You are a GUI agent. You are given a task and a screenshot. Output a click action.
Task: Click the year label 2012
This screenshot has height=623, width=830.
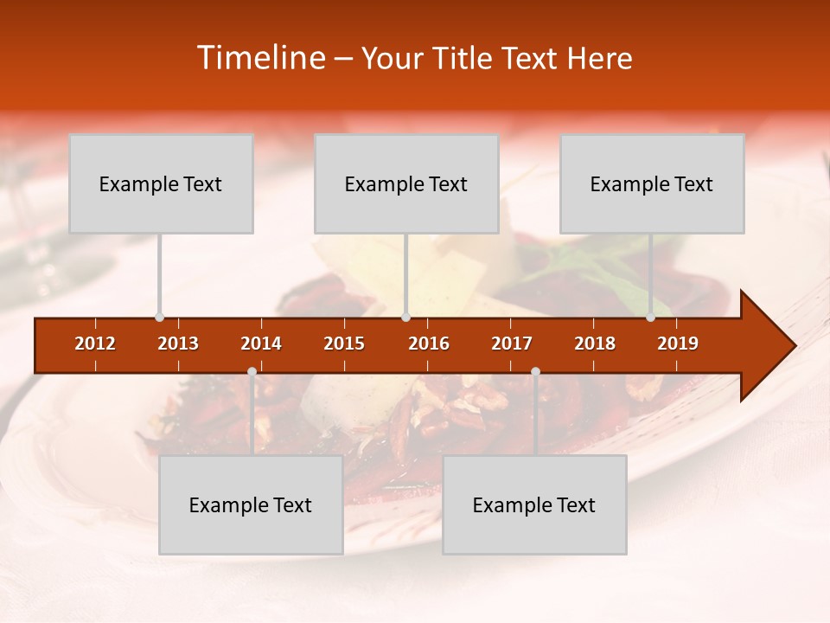[95, 344]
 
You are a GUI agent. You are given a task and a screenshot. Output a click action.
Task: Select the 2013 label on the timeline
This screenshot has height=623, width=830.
[178, 344]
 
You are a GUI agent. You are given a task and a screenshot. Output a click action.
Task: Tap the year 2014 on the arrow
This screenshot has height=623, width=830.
[261, 344]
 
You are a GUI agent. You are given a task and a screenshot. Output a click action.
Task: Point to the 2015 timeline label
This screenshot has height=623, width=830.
[344, 344]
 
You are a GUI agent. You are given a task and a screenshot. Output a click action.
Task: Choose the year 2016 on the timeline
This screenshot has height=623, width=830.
[429, 344]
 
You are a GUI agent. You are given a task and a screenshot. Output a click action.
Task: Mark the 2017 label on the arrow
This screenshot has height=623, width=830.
[512, 344]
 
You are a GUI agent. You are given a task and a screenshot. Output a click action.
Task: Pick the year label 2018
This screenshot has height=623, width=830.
[595, 344]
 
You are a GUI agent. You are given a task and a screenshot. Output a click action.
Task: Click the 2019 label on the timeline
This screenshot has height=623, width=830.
[678, 344]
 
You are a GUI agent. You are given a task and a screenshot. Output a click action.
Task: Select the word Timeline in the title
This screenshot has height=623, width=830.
[259, 58]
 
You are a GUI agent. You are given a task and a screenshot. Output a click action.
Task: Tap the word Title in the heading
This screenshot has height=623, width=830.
[463, 58]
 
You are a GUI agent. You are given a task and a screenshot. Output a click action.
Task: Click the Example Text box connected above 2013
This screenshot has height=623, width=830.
[161, 183]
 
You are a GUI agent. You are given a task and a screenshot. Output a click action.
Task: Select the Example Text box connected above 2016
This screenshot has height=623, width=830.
[406, 183]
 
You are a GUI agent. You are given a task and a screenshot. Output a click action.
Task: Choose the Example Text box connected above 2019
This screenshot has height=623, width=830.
[652, 183]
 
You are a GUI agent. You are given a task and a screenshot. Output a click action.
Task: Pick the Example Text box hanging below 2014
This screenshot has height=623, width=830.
[251, 504]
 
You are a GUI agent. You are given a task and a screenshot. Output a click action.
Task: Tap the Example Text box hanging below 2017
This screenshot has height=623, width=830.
[534, 504]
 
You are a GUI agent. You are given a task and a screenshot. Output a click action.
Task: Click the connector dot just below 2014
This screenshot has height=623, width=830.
[252, 371]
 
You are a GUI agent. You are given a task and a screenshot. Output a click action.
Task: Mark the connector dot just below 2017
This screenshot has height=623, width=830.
[535, 371]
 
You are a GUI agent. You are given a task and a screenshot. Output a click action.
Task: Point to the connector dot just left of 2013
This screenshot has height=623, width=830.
[159, 318]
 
